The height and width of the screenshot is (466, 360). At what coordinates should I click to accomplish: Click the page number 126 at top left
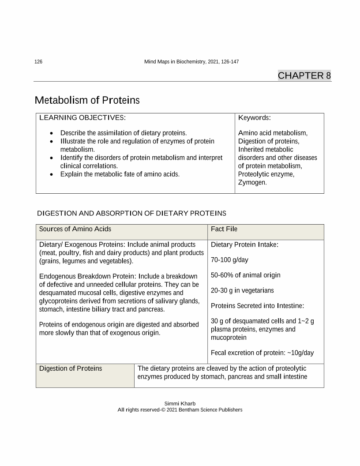[38, 62]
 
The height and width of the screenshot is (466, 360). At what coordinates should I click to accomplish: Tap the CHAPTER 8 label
[304, 75]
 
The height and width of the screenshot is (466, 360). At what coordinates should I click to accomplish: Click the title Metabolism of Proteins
[87, 101]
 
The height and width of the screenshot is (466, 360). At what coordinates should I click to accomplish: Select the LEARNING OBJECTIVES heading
[82, 118]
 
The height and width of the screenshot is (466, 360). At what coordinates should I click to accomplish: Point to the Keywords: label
[254, 118]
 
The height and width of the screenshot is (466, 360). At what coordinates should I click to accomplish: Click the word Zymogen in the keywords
[252, 182]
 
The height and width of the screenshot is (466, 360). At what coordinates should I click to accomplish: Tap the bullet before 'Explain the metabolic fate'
[52, 174]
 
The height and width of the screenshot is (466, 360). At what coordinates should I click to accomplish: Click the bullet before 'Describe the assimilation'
[52, 133]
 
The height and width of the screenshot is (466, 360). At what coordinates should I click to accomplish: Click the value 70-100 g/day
[229, 260]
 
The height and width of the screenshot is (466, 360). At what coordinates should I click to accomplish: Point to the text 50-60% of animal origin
[246, 275]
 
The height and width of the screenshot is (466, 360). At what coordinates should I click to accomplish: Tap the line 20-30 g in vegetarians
[242, 290]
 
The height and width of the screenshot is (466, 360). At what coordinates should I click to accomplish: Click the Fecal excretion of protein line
[262, 353]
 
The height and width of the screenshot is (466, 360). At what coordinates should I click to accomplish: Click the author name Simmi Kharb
[180, 403]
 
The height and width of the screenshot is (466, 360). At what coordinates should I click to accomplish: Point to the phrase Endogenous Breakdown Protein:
[87, 276]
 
